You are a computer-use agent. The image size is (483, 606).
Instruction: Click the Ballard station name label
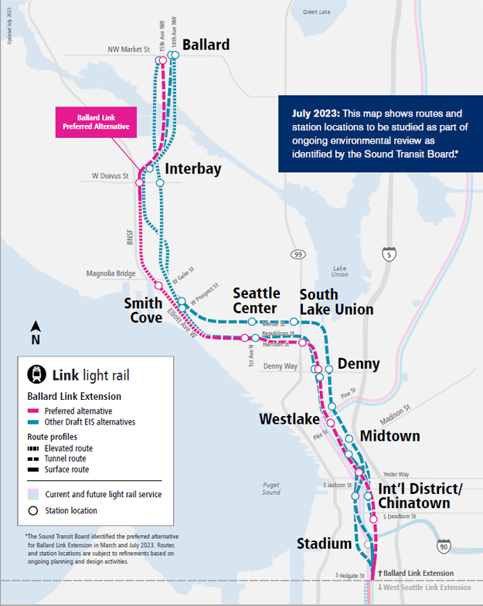point(206,45)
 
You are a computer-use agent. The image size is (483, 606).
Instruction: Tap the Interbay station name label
point(192,168)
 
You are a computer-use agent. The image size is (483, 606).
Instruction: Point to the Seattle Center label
point(257,301)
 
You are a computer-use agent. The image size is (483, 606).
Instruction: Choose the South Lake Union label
point(336,302)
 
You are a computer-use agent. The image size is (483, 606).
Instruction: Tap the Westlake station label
point(289,419)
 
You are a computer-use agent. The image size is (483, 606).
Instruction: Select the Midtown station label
point(389,436)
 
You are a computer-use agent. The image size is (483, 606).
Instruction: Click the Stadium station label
point(324,544)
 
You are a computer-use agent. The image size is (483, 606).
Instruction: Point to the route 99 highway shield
point(298,254)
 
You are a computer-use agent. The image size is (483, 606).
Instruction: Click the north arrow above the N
point(35,326)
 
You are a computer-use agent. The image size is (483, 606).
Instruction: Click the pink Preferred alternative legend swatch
point(34,411)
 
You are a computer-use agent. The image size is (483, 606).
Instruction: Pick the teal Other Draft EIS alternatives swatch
point(34,422)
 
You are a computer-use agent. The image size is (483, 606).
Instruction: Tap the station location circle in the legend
point(33,510)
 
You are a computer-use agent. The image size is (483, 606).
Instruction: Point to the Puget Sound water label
point(270,487)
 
